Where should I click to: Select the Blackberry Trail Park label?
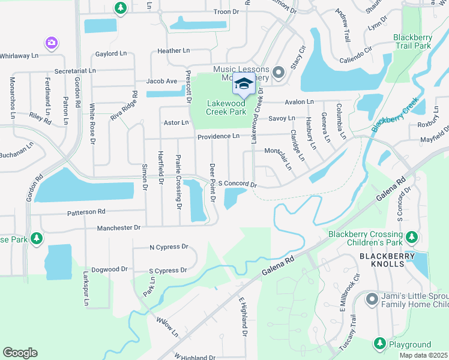(x=412, y=41)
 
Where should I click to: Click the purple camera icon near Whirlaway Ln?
(x=52, y=42)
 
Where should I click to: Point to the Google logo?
(x=20, y=352)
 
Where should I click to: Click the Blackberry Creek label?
(x=394, y=115)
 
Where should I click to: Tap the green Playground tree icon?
(x=379, y=344)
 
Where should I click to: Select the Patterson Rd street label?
(x=86, y=212)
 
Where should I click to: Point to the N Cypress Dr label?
(x=169, y=247)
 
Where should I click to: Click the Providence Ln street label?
(x=218, y=137)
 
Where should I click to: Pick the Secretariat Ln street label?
(x=75, y=71)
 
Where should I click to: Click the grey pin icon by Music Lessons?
(x=278, y=73)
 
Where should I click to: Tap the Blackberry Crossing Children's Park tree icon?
(x=411, y=239)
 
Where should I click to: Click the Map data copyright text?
(x=423, y=355)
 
